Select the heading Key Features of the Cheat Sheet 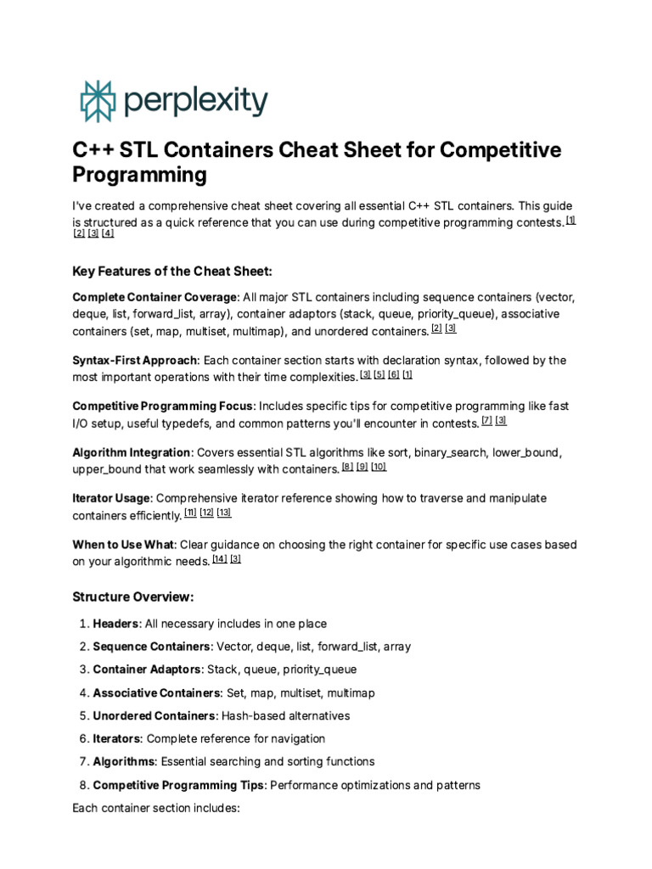click(173, 271)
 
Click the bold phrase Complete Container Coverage click(155, 297)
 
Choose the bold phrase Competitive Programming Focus click(162, 406)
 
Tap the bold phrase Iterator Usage click(111, 498)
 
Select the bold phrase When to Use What click(123, 544)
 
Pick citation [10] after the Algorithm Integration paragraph click(379, 467)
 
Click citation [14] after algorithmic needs click(219, 559)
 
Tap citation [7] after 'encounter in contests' click(486, 420)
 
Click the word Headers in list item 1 click(116, 624)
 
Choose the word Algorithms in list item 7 click(123, 761)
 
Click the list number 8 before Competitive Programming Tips click(83, 785)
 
